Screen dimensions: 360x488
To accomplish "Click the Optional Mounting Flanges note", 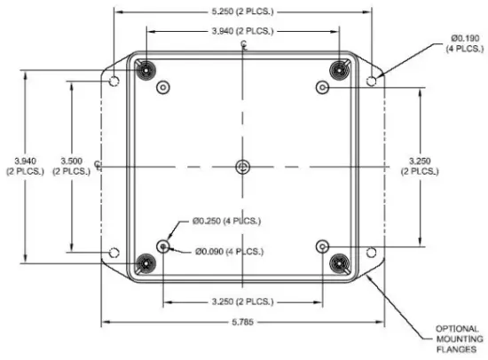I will (459, 339).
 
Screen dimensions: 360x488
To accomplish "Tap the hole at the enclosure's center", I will (243, 166).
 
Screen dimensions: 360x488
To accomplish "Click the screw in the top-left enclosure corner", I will (145, 69).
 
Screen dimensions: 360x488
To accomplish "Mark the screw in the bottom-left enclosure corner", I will (145, 262).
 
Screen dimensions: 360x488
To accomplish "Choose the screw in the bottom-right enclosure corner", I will (339, 262).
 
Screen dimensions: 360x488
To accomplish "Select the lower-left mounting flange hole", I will (114, 254).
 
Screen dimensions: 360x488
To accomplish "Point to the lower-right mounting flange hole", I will (372, 254).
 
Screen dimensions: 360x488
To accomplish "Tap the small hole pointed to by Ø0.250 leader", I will (163, 246).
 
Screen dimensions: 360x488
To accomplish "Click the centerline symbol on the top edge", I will (243, 45).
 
